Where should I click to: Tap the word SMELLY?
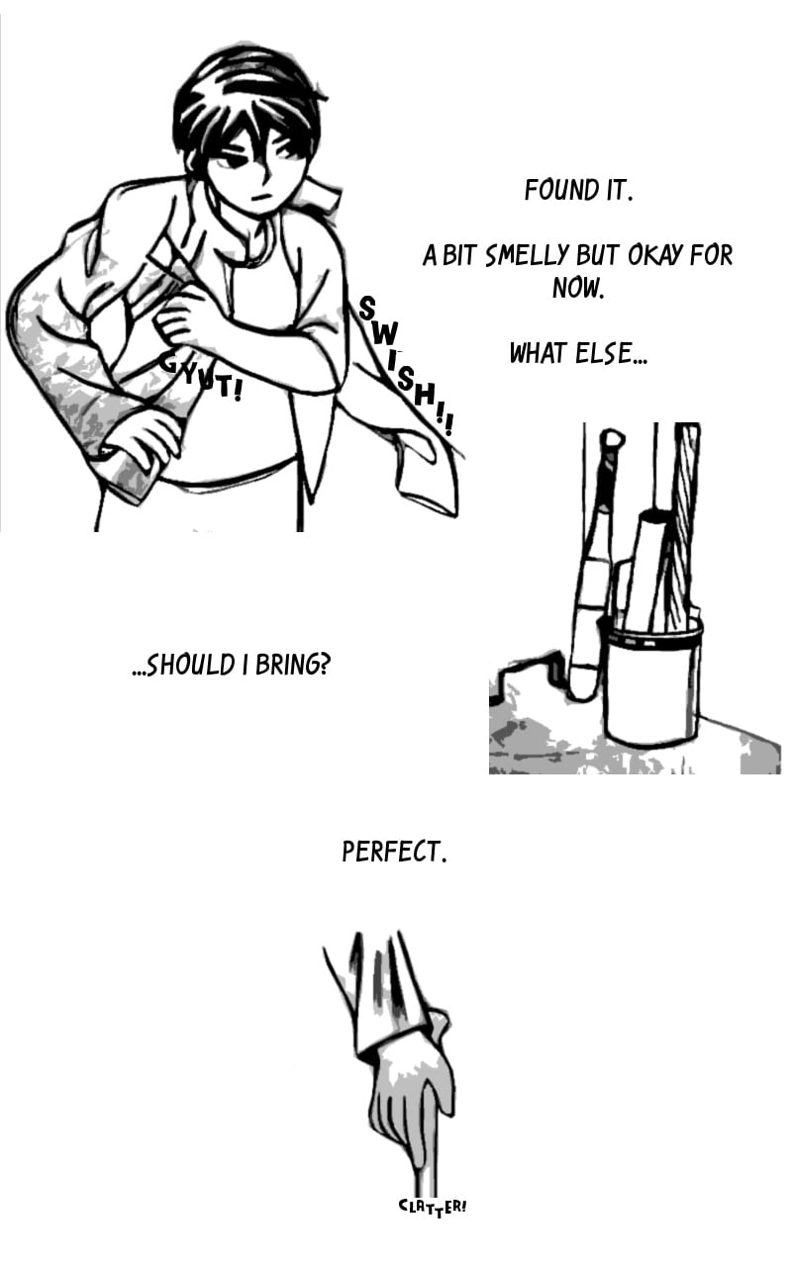528,255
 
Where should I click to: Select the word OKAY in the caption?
652,255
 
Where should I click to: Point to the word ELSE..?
611,353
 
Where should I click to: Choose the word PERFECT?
395,852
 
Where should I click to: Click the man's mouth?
261,198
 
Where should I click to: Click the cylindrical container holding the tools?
650,686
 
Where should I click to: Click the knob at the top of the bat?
612,439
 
